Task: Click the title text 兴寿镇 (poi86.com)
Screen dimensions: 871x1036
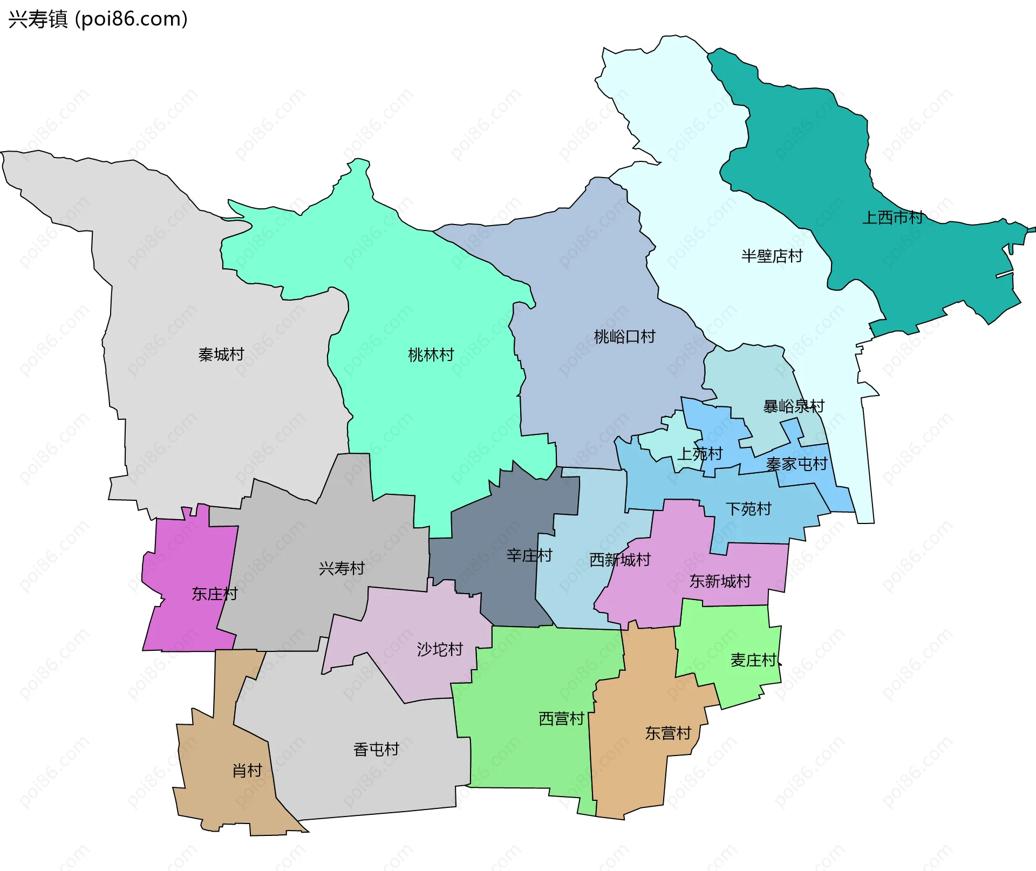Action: click(98, 19)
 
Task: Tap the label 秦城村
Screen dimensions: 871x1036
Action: click(221, 355)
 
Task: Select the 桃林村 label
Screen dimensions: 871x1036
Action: click(431, 355)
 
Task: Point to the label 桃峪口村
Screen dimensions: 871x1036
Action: click(624, 337)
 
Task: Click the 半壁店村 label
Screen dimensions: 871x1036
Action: click(772, 256)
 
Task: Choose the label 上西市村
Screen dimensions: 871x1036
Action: click(892, 217)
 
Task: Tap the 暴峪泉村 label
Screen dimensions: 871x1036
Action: click(794, 406)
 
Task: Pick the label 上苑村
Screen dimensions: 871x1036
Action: click(700, 454)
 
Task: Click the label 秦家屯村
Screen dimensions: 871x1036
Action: click(796, 464)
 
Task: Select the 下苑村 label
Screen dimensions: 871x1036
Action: click(748, 509)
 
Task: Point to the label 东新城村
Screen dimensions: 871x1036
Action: click(720, 581)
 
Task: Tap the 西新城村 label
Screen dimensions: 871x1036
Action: click(620, 560)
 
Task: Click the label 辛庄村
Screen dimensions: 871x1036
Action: click(529, 555)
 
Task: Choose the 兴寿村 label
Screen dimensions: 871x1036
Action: click(342, 568)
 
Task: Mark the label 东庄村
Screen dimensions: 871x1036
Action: click(215, 594)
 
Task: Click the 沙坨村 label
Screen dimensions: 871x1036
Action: click(440, 649)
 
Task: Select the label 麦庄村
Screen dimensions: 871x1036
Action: click(754, 660)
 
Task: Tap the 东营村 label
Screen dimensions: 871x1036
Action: click(668, 733)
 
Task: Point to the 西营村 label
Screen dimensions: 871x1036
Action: click(561, 719)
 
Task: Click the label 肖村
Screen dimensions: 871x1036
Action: click(247, 771)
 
